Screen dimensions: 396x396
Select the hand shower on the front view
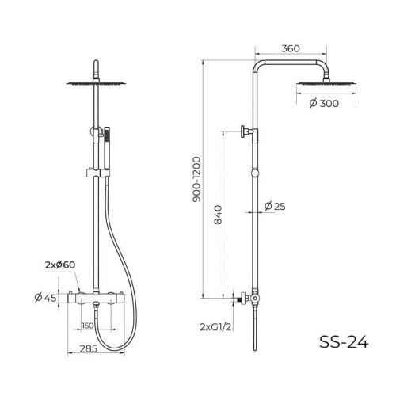109,143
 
